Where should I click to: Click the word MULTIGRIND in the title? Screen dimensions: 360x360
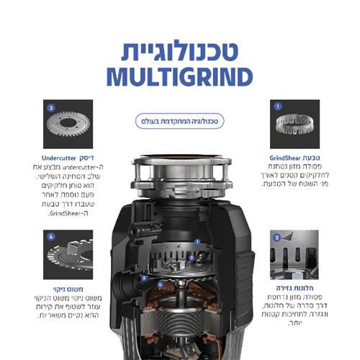tap(179, 77)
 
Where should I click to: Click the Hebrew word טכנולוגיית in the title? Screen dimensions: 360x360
tap(179, 51)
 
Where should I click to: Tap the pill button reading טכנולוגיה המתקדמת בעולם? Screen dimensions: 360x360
tap(179, 121)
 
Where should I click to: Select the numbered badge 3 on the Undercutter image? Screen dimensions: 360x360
tap(51, 108)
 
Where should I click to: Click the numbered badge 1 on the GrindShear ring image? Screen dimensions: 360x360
tap(277, 106)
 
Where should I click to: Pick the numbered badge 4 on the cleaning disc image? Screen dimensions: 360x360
tap(51, 236)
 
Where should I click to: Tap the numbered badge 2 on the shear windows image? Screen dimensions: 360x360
tap(276, 237)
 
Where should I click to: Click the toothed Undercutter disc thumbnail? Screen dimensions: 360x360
tap(68, 124)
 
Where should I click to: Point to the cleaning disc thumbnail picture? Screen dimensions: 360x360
tap(68, 253)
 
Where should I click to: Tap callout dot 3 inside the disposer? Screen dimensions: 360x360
tap(145, 277)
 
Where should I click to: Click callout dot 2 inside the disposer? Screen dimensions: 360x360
tap(191, 256)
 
